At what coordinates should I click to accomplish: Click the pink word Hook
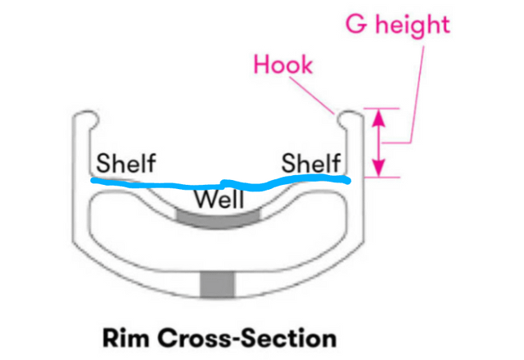[283, 65]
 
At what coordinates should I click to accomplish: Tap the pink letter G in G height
[356, 25]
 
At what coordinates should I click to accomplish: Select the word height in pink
[413, 25]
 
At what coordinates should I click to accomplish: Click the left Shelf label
[126, 163]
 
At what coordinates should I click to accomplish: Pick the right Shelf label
[311, 163]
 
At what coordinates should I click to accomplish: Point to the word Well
[219, 200]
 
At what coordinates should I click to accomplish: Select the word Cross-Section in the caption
[247, 338]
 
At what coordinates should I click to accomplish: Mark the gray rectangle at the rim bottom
[218, 285]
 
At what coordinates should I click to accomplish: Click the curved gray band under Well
[218, 218]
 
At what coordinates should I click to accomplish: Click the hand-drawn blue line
[220, 183]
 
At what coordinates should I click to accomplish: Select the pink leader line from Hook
[311, 96]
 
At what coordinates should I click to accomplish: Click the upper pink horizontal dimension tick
[382, 109]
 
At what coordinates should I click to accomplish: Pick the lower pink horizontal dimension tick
[382, 178]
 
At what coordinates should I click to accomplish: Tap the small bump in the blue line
[224, 182]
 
